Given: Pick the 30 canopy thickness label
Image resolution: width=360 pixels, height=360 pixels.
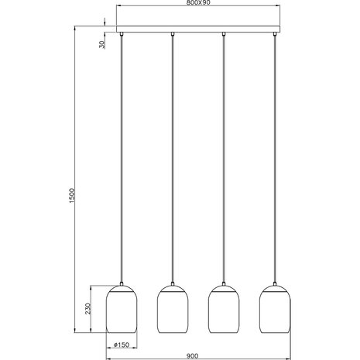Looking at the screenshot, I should pyautogui.click(x=102, y=43).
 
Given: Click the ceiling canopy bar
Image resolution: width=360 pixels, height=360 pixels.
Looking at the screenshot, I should pyautogui.click(x=197, y=31).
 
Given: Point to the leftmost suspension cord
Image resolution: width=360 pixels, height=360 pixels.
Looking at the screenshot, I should pyautogui.click(x=121, y=155).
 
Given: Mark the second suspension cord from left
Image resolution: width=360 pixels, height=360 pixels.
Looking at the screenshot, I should pyautogui.click(x=172, y=155).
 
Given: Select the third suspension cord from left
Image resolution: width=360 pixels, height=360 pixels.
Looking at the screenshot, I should pyautogui.click(x=224, y=155).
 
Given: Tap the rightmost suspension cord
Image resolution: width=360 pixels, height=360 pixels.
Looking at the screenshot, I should pyautogui.click(x=274, y=155).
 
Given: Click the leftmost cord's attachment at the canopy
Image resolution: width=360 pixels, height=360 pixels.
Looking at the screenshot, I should pyautogui.click(x=121, y=36).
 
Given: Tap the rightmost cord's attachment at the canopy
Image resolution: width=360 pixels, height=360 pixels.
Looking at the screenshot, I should pyautogui.click(x=274, y=36).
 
